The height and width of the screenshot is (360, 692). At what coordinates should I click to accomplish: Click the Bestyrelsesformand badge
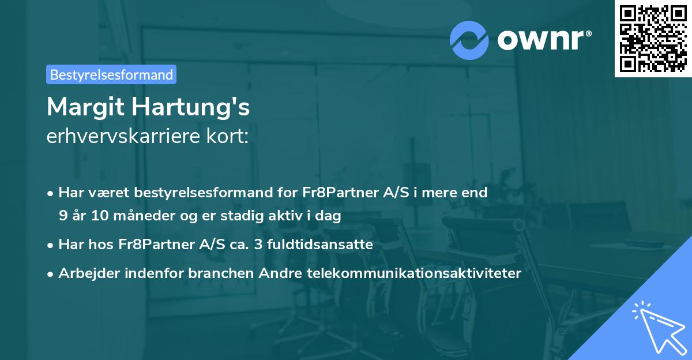tap(111, 74)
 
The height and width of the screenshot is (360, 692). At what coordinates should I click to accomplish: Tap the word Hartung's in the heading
tap(190, 107)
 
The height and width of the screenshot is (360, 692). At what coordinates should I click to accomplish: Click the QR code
tap(653, 38)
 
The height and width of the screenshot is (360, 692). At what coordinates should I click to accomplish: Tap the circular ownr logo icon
tap(469, 40)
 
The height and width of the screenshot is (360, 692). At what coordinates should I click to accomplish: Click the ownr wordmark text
tap(544, 40)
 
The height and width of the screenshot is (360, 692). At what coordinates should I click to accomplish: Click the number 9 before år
tap(63, 216)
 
